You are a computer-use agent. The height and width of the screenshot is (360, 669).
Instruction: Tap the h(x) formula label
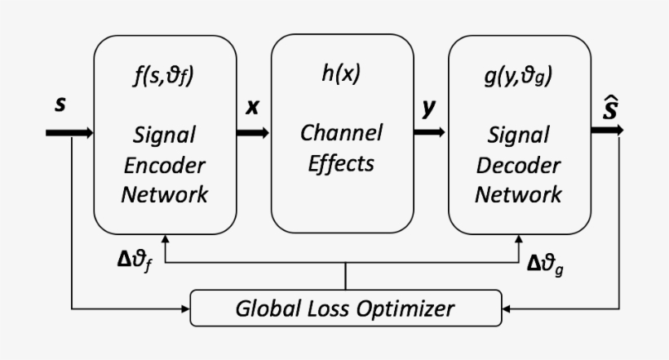(341, 74)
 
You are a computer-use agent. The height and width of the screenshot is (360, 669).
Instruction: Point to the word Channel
(341, 131)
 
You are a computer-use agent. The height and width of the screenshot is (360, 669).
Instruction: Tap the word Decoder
(518, 164)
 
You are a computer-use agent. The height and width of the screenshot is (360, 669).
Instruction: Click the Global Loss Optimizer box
(345, 309)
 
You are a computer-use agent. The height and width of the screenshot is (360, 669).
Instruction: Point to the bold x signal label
(253, 107)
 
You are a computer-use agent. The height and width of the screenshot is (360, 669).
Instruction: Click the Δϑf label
(134, 262)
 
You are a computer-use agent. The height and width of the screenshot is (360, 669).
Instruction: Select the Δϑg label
(545, 262)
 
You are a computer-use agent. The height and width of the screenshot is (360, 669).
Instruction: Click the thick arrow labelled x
(254, 131)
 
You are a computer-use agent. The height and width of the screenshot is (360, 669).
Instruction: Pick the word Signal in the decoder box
(518, 134)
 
